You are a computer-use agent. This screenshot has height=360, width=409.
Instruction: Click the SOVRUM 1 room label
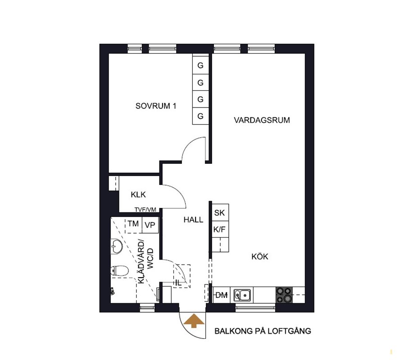pos(156,106)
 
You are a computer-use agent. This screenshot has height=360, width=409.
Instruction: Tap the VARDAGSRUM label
pos(262,120)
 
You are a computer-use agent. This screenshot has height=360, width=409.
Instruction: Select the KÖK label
pos(260,256)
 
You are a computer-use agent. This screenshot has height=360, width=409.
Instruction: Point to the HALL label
pos(193,220)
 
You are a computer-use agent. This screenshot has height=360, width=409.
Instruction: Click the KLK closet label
pos(138,195)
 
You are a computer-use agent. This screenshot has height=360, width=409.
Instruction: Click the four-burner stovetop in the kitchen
pos(284,295)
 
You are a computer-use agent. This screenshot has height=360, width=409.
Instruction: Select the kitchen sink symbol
pos(242,295)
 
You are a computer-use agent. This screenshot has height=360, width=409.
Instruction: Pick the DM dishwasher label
pos(222,295)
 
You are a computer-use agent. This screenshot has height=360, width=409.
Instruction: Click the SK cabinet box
pos(220,213)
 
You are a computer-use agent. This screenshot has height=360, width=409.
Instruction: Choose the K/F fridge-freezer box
pos(220,229)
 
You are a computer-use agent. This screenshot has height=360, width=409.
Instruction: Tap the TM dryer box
pos(133,224)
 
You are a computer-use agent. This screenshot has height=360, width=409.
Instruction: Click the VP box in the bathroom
pos(150,225)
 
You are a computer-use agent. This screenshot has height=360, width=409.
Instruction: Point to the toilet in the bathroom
pos(119,270)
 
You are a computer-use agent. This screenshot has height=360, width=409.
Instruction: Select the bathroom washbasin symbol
pos(117,246)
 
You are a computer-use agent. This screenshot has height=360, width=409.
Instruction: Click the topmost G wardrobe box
pos(200,65)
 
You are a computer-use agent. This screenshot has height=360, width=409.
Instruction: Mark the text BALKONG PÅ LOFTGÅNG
pos(263,331)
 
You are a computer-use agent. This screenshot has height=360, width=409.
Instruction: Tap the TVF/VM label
pos(145,210)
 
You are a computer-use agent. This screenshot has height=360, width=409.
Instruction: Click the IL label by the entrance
pos(178,283)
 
